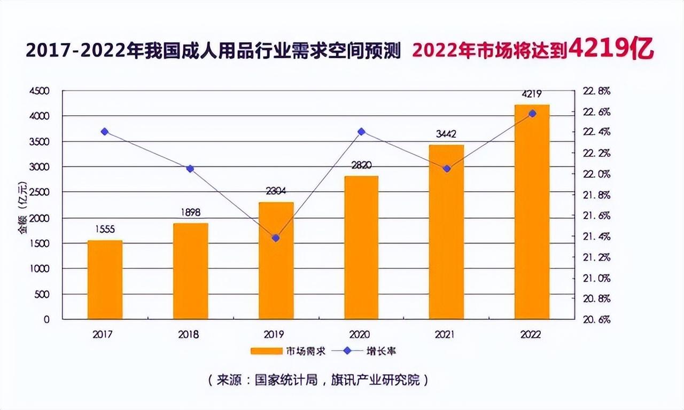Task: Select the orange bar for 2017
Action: pyautogui.click(x=105, y=280)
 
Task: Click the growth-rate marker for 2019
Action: pyautogui.click(x=276, y=238)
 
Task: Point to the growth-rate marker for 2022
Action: pyautogui.click(x=532, y=113)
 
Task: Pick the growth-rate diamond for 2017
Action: pyautogui.click(x=105, y=131)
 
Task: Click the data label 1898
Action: pyautogui.click(x=191, y=213)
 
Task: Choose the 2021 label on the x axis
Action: pyautogui.click(x=445, y=335)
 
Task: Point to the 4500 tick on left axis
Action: pyautogui.click(x=39, y=91)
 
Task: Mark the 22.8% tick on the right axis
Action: pyautogui.click(x=597, y=91)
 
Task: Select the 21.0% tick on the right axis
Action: pyautogui.click(x=597, y=278)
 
